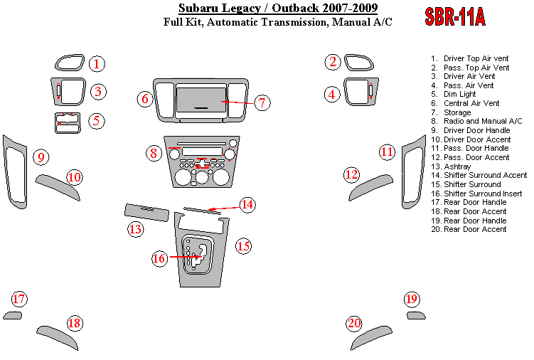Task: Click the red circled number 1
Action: coord(98,64)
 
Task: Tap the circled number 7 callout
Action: coord(262,102)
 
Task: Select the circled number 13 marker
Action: coord(135,229)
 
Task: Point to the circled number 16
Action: coord(159,258)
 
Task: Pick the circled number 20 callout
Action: coord(354,324)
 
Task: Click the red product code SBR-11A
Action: coord(455,18)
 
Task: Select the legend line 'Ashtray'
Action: coord(457,166)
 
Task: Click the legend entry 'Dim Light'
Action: coord(459,94)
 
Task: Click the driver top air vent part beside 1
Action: coord(70,63)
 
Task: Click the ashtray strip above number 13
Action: coord(146,211)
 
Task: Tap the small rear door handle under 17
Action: coord(13,316)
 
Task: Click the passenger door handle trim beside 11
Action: coord(411,174)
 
